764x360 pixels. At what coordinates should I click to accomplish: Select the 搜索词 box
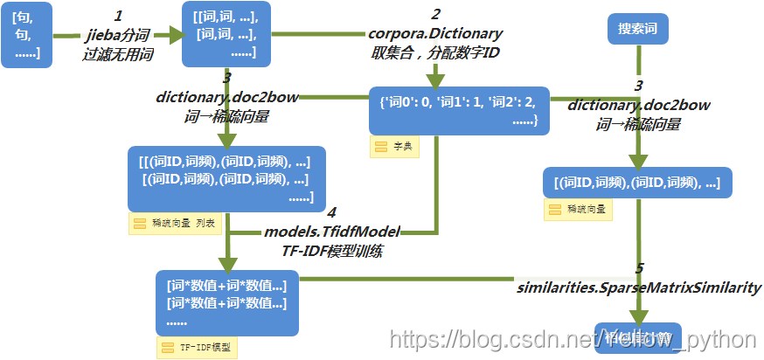click(637, 29)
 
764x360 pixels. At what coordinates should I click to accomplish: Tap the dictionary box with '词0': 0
click(459, 110)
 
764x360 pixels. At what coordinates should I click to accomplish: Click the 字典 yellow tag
click(395, 147)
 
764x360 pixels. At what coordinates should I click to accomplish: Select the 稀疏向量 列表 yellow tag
click(175, 224)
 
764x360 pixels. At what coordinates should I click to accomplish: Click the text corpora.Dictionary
click(435, 33)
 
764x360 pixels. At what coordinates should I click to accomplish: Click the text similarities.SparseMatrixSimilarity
click(638, 287)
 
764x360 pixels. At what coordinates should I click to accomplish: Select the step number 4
click(330, 213)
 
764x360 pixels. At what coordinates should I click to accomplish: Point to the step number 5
click(639, 269)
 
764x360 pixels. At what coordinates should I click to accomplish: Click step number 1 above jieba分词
click(119, 16)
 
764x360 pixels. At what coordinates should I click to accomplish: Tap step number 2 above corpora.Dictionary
click(435, 15)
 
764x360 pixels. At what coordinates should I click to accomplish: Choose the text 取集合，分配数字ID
click(435, 52)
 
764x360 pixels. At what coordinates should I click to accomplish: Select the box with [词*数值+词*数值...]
click(226, 302)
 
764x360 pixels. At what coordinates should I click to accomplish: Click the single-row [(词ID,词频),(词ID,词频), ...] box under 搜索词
click(636, 183)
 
